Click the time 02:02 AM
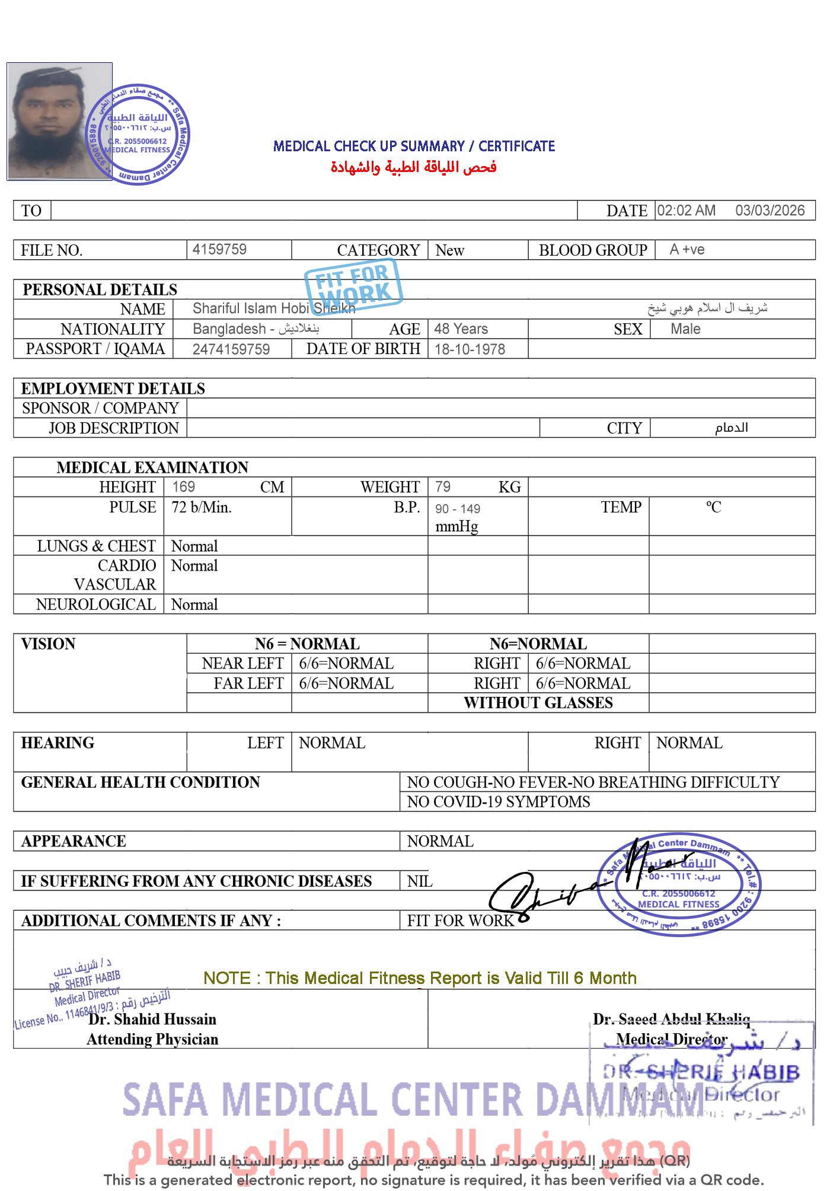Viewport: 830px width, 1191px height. coord(686,211)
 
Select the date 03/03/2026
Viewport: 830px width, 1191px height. coord(770,211)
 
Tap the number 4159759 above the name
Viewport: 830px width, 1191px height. coord(219,249)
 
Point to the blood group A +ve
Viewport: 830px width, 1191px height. coord(687,249)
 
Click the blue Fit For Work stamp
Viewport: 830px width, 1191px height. coord(353,286)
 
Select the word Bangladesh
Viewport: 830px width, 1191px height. coord(229,329)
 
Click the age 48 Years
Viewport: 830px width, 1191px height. coord(461,329)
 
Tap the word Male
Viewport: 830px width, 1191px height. coord(685,329)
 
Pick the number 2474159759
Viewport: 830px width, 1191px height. coord(231,349)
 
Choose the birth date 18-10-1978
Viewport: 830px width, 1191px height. coord(470,349)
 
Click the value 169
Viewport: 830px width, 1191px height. coord(183,487)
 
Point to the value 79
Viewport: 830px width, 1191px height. coord(443,487)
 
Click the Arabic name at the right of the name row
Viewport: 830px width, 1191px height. coord(707,308)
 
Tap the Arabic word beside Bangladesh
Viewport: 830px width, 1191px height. coord(299,329)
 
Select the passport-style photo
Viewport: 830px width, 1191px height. coord(59,122)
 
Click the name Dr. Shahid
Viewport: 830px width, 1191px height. coord(124,1019)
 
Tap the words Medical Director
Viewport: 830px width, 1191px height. coord(671,1039)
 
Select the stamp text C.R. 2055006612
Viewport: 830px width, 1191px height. coord(679,894)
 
